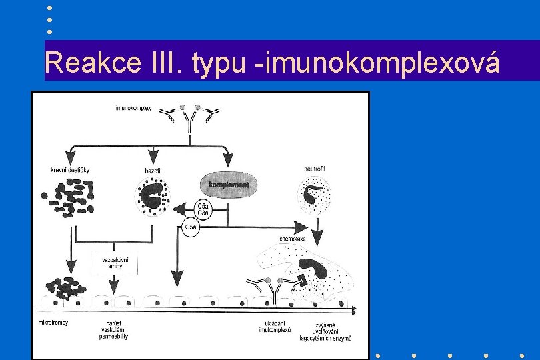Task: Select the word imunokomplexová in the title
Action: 385,64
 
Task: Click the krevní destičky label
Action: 70,170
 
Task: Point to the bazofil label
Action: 154,171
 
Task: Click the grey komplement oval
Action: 229,183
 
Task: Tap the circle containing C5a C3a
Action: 203,209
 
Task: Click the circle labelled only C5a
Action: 191,229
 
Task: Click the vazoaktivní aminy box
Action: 114,262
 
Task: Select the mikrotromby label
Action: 54,323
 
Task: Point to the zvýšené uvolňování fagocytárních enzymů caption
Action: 333,332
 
